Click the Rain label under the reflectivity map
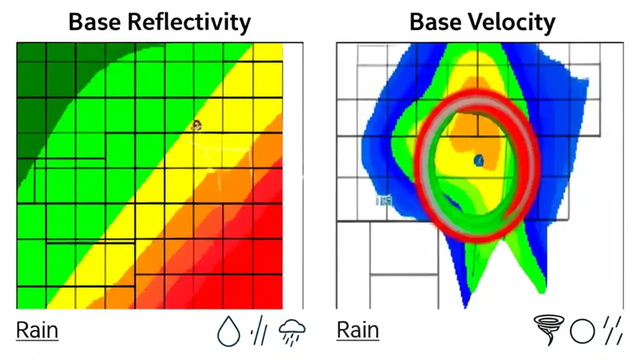click(37, 330)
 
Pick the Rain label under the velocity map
click(357, 330)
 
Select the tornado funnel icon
click(549, 329)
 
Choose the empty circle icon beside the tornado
click(582, 331)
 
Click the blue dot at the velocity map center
click(478, 160)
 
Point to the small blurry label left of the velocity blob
click(384, 200)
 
